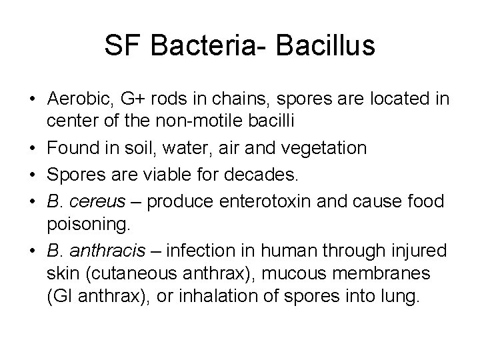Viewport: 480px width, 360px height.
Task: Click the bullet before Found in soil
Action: coord(32,147)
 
